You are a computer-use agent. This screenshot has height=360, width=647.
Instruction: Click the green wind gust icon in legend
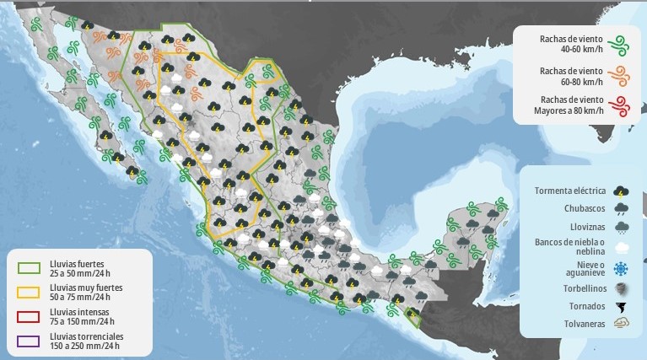click(x=623, y=43)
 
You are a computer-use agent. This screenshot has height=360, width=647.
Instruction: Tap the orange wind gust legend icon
click(x=623, y=74)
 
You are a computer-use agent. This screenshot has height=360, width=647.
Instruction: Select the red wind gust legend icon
click(x=623, y=105)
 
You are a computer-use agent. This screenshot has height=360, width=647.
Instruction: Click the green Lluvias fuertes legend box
click(x=30, y=268)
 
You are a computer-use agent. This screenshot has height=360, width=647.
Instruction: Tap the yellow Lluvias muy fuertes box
click(x=30, y=292)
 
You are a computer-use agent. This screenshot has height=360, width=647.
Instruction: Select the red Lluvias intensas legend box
click(x=30, y=316)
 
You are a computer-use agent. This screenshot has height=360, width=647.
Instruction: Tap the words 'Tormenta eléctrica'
click(x=570, y=191)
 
